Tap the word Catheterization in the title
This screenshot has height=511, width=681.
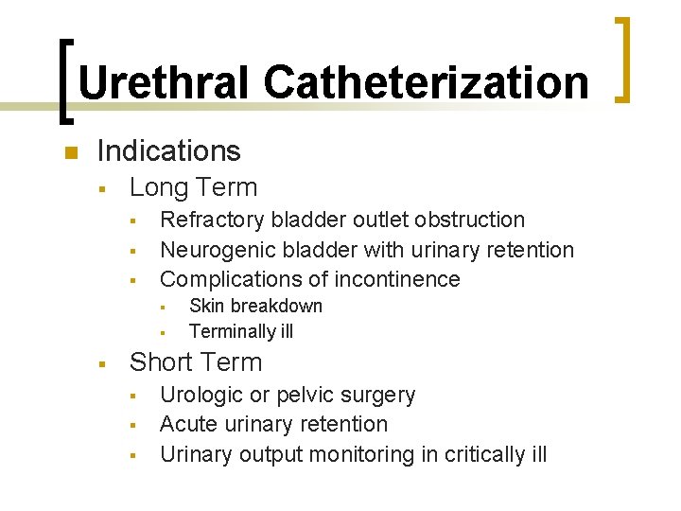(426, 82)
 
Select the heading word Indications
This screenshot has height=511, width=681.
(168, 151)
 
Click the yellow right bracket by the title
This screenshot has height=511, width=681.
(625, 59)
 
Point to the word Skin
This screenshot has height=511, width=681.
(207, 306)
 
